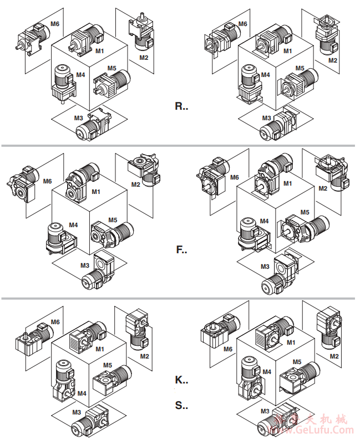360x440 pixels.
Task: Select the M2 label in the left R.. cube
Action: point(144,57)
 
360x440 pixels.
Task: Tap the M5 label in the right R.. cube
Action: point(300,68)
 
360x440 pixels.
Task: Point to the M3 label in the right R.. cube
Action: point(266,118)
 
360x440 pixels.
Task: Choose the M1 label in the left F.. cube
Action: point(97,192)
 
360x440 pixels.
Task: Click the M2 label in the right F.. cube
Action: point(323,188)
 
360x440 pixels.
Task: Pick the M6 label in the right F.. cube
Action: point(234,177)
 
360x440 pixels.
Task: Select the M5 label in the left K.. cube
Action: point(108,365)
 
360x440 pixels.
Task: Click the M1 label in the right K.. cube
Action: point(291,342)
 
